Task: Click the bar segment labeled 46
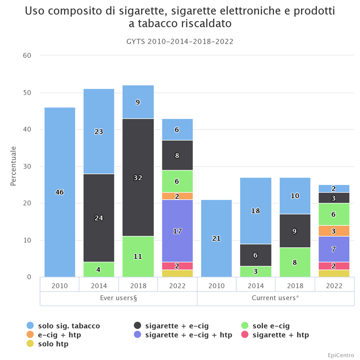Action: coord(59,192)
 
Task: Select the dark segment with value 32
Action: coord(138,177)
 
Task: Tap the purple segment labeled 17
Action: coord(177,231)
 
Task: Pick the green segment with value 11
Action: coord(138,256)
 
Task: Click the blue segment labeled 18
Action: coord(256,211)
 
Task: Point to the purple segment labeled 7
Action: coord(333,249)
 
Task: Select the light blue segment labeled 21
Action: coord(216,238)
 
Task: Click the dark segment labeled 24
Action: coord(99,218)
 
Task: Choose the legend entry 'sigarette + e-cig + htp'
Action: coord(189,335)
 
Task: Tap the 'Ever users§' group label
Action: coord(118,298)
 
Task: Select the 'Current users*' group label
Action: coord(275,298)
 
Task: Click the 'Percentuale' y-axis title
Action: coord(13,166)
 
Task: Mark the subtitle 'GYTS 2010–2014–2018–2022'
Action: coord(180,41)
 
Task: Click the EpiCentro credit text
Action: coord(341,355)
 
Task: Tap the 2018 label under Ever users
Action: coord(138,286)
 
